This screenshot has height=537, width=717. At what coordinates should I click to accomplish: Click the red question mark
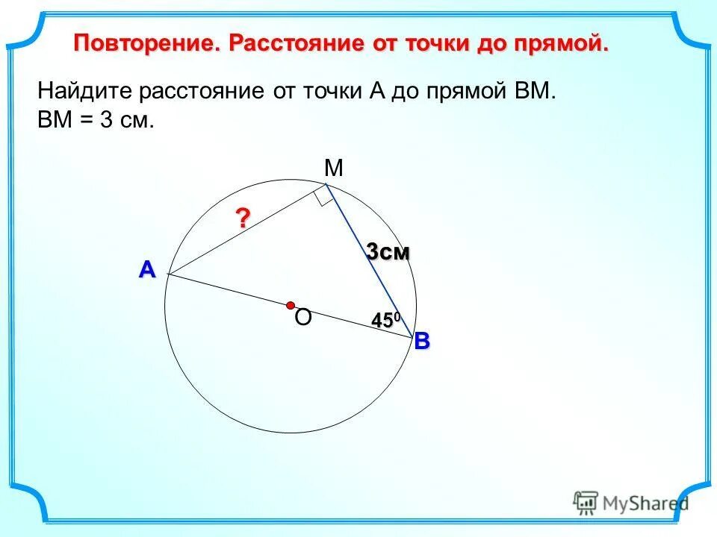click(x=243, y=218)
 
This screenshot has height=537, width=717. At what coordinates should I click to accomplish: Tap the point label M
click(x=333, y=169)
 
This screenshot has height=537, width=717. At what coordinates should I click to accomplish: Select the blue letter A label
click(x=146, y=270)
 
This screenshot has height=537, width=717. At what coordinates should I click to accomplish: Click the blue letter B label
click(x=422, y=342)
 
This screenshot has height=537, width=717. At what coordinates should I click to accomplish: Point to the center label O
click(x=302, y=319)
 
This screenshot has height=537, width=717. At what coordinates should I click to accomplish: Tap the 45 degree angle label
click(x=386, y=320)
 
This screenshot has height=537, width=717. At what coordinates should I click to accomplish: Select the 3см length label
click(x=388, y=253)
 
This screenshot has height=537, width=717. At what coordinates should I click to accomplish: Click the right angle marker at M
click(x=323, y=198)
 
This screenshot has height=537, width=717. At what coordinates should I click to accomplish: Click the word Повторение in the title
click(x=146, y=43)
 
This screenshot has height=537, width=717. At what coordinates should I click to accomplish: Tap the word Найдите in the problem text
click(x=84, y=92)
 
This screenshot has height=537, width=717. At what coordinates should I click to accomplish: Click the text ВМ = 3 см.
click(x=96, y=121)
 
